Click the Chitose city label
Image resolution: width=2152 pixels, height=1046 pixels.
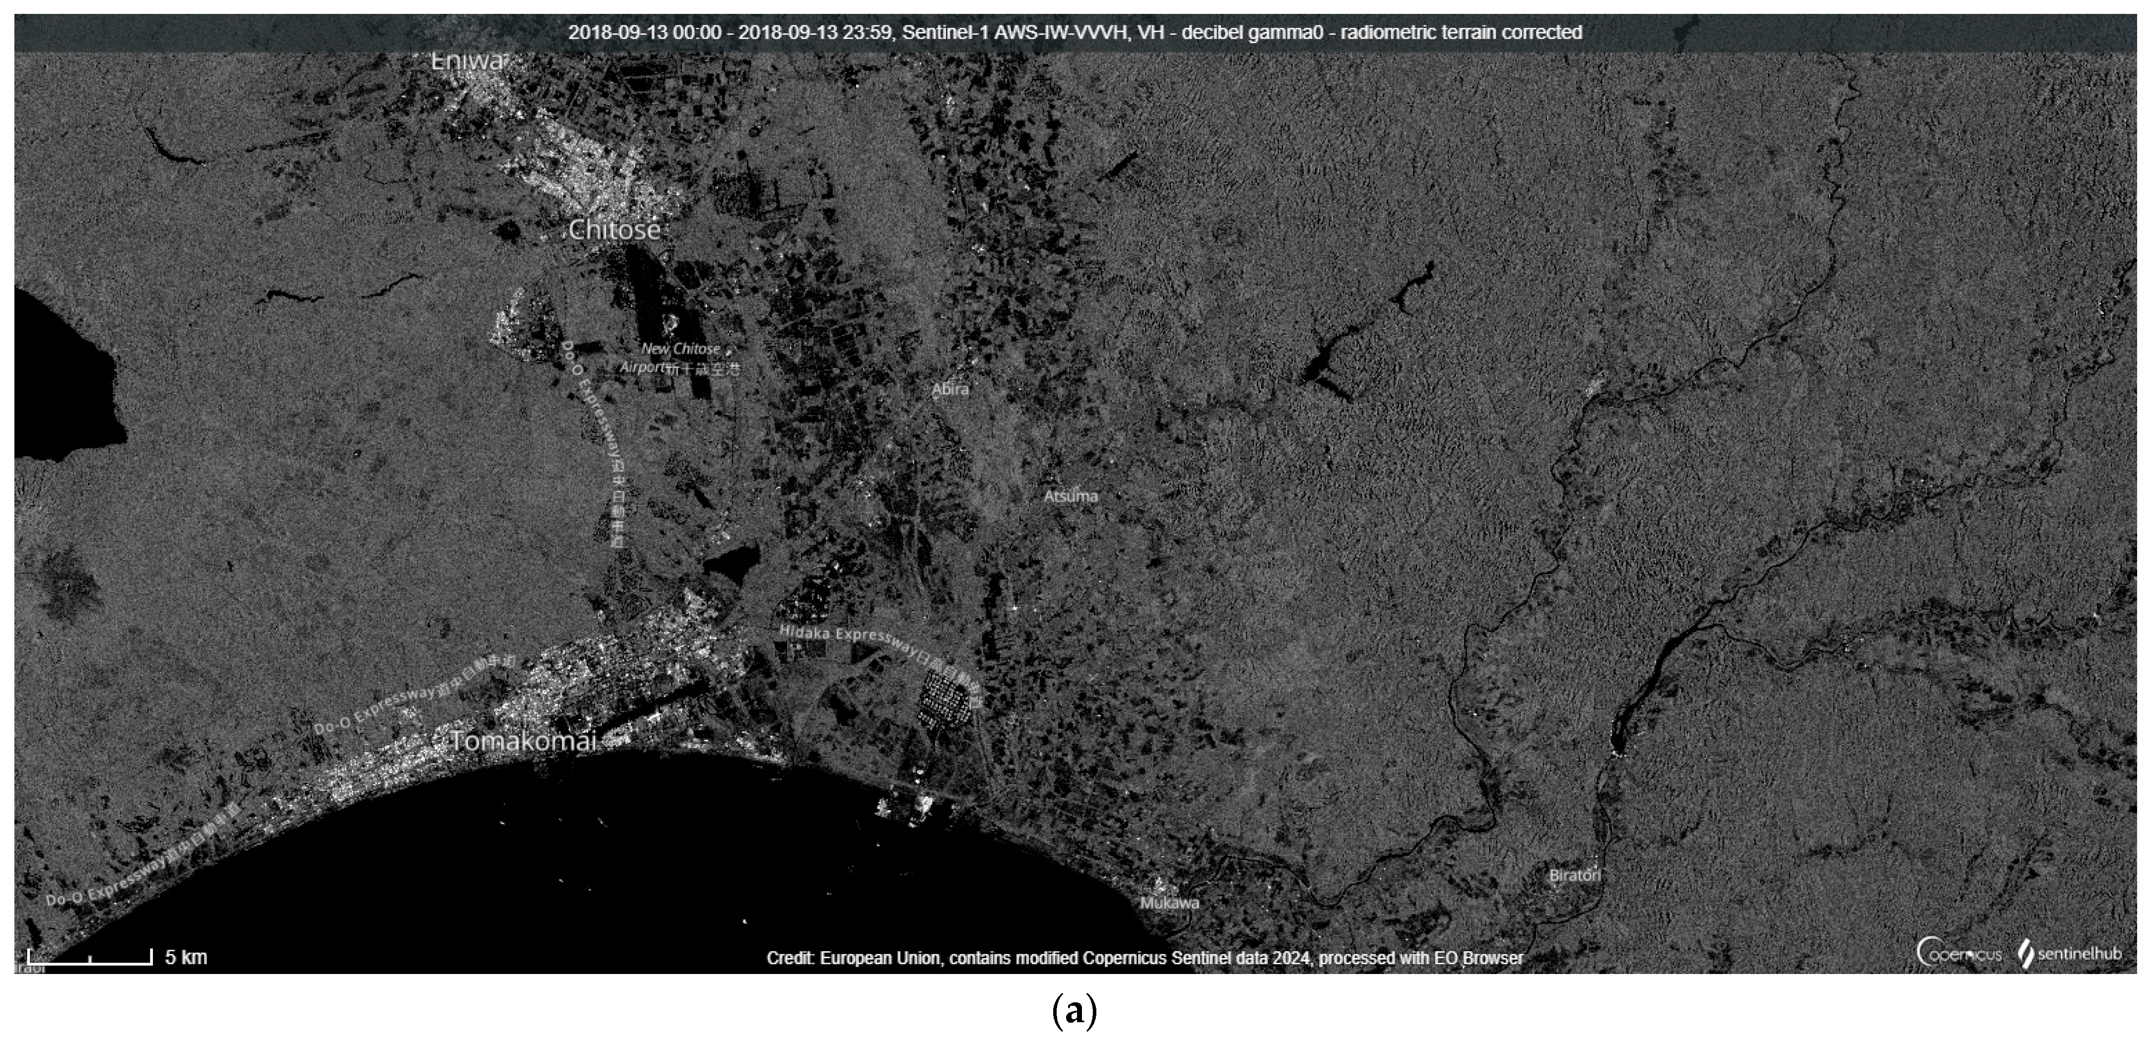coord(614,230)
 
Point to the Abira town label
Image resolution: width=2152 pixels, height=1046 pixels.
coord(951,389)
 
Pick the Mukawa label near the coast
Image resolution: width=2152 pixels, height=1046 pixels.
coord(1170,903)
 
